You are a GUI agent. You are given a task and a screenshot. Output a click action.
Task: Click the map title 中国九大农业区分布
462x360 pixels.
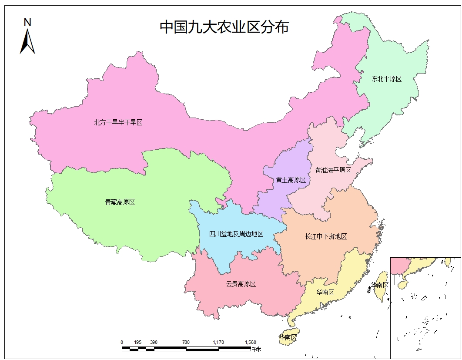coord(224,27)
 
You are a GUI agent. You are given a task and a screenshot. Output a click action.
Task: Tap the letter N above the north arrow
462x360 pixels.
coord(27,22)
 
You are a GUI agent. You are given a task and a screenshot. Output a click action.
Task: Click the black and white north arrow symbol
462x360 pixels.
coord(27,41)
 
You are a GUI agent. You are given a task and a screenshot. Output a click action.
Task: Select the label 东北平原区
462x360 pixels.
coord(386,79)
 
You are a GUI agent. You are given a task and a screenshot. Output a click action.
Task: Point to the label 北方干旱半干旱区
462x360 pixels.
coord(118,122)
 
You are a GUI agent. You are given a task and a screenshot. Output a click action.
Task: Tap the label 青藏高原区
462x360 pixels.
coord(120,202)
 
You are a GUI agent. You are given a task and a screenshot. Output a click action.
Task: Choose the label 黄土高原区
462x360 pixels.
coord(291,180)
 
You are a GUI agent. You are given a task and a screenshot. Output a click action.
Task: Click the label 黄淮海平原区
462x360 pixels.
coord(333,170)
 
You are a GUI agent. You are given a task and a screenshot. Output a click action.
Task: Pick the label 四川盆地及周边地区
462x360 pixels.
coord(236,234)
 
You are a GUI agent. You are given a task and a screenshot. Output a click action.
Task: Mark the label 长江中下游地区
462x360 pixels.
coord(326,236)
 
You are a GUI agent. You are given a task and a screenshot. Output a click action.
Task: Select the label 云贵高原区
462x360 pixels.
coord(241,284)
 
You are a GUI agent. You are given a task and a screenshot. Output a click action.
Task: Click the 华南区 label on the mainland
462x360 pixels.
coord(325,292)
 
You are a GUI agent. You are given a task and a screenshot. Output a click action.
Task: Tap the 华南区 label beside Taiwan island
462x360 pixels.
coord(379,285)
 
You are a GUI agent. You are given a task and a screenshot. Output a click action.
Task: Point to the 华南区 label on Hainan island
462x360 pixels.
coord(288,337)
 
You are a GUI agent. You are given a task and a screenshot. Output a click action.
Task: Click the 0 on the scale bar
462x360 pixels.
coord(122,342)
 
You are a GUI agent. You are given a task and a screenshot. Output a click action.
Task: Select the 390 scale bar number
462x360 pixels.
coord(154,342)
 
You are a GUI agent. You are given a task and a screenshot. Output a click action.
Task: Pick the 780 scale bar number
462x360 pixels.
coord(186,342)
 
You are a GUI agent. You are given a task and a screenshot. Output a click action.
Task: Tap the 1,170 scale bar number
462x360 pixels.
coord(218,342)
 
